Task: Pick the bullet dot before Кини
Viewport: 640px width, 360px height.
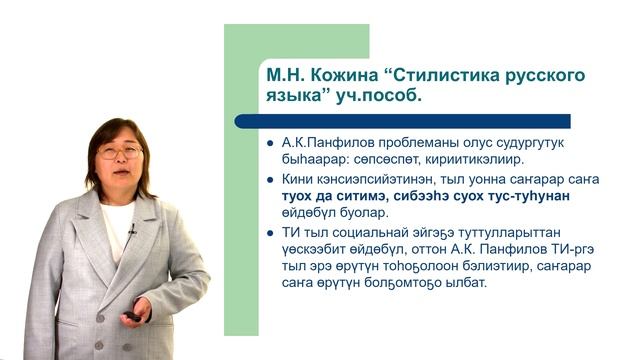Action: (x=270, y=179)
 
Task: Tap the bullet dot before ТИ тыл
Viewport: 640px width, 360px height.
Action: (x=270, y=231)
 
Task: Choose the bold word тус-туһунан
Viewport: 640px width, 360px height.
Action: (x=525, y=196)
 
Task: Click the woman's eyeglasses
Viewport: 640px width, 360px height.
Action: (x=120, y=152)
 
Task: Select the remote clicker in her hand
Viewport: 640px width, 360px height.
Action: (x=132, y=317)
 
